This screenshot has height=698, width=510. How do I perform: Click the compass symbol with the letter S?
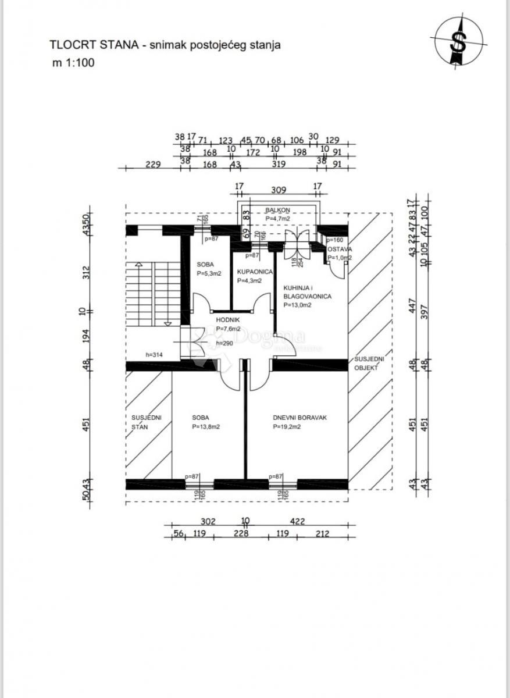click(460, 40)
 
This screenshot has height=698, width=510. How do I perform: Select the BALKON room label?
click(277, 211)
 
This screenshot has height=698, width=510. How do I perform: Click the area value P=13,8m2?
click(206, 426)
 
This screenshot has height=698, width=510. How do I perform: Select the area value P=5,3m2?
click(206, 273)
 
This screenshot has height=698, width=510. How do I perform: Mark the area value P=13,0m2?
click(297, 304)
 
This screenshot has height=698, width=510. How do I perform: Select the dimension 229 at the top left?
click(152, 165)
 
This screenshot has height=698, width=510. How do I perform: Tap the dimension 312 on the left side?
click(85, 272)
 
